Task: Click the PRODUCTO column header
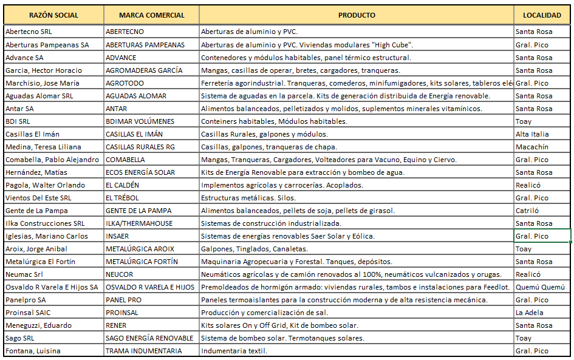[357, 15]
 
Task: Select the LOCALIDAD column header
[542, 15]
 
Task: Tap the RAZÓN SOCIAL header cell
[53, 15]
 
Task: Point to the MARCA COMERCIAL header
[151, 15]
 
